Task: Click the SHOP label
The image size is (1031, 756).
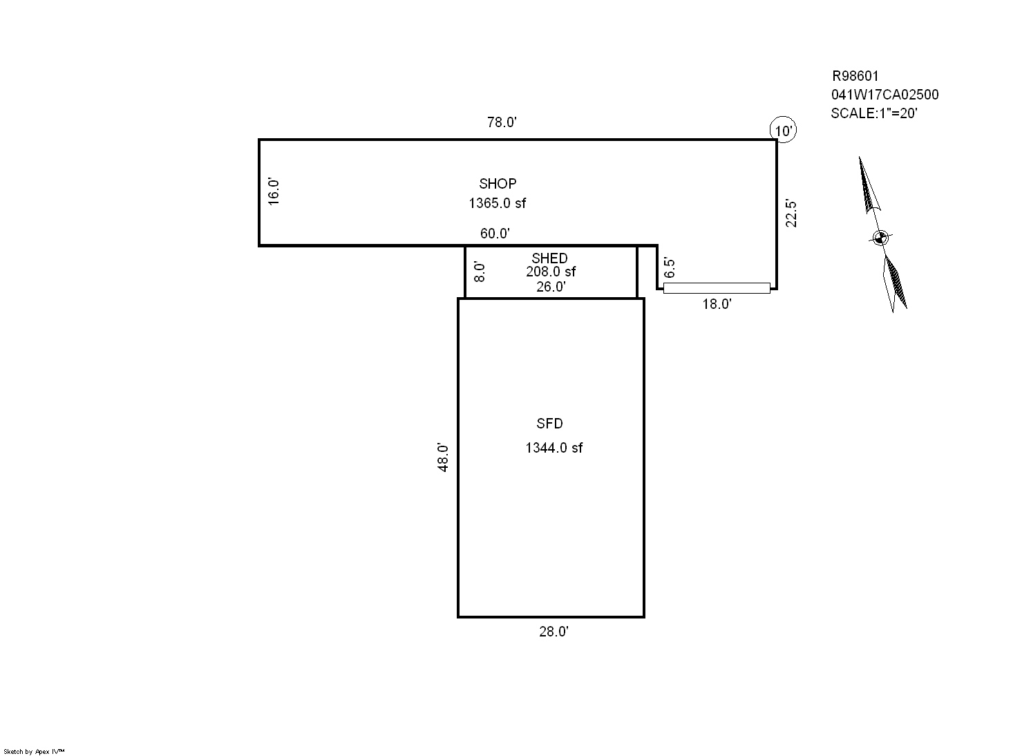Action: tap(498, 184)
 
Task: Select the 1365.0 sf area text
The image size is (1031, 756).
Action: tap(497, 203)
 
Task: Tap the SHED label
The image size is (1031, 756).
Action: tap(549, 258)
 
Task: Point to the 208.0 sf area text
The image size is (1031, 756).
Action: tap(551, 272)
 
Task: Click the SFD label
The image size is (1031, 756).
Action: tap(549, 424)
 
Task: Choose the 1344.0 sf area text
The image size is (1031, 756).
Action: tap(554, 448)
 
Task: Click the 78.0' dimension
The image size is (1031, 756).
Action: tap(502, 122)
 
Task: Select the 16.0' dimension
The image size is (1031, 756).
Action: tap(274, 191)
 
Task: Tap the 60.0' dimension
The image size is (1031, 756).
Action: tap(495, 234)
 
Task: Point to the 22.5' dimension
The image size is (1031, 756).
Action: tap(791, 214)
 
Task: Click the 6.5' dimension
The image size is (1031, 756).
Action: tap(670, 268)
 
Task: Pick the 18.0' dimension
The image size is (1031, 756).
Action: tap(717, 304)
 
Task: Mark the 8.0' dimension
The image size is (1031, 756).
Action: tap(480, 272)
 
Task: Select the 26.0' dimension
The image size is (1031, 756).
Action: tap(551, 287)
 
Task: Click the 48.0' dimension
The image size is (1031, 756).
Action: tap(443, 457)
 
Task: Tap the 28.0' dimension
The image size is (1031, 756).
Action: tap(554, 632)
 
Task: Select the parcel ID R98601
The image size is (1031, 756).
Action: tap(855, 76)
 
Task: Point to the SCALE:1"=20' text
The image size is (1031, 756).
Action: tap(874, 113)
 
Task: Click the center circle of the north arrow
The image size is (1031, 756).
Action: tap(880, 238)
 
